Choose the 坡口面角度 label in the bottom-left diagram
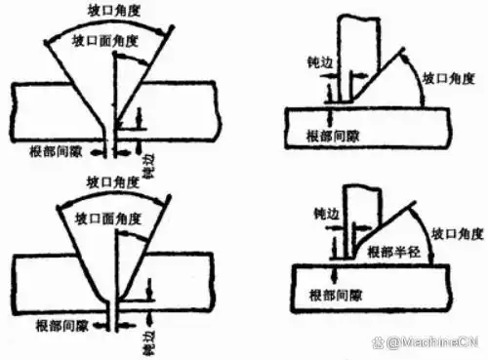(108, 213)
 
